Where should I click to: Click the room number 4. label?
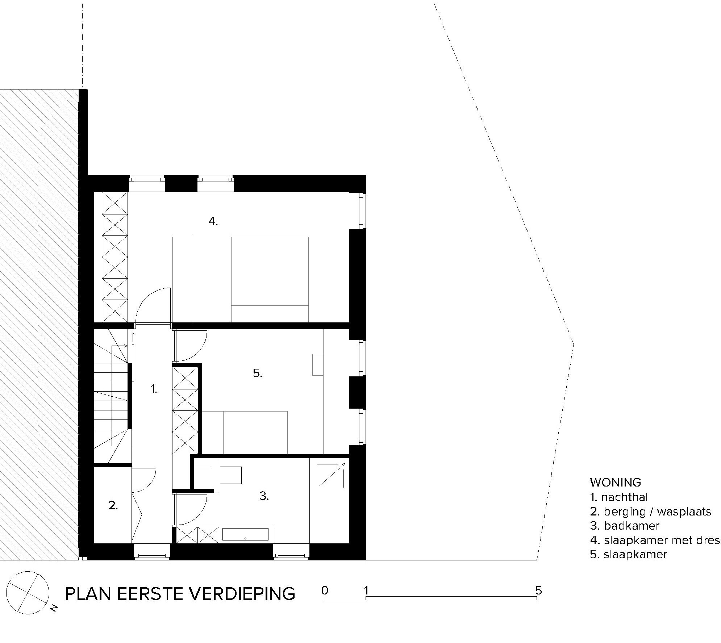pyautogui.click(x=213, y=221)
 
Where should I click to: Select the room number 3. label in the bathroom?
pyautogui.click(x=264, y=496)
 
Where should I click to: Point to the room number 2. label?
pyautogui.click(x=113, y=505)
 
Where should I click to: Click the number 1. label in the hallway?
pyautogui.click(x=154, y=389)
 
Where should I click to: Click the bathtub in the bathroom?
pyautogui.click(x=245, y=534)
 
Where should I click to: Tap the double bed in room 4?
pyautogui.click(x=270, y=279)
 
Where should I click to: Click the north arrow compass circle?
pyautogui.click(x=28, y=593)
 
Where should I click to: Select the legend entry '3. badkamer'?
pyautogui.click(x=625, y=525)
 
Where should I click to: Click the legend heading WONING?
pyautogui.click(x=616, y=482)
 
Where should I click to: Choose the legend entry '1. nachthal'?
pyautogui.click(x=619, y=497)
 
